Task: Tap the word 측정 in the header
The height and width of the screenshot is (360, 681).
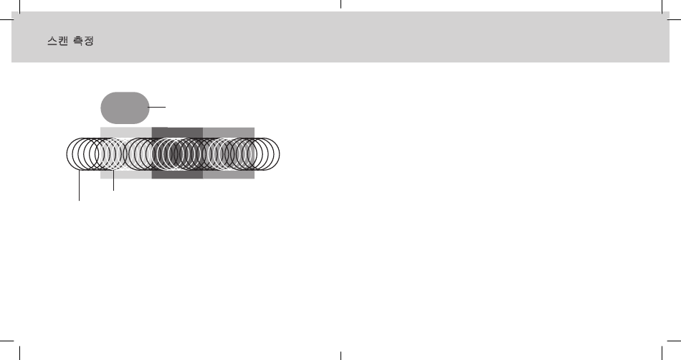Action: [x=83, y=41]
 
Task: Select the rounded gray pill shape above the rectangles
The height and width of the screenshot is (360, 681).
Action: [x=125, y=108]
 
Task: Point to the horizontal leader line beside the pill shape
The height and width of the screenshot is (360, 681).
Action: [x=157, y=107]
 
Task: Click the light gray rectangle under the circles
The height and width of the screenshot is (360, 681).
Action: [x=126, y=174]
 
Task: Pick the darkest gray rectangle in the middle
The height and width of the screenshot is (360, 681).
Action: [x=177, y=174]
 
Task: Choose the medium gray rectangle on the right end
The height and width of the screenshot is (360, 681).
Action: [x=229, y=174]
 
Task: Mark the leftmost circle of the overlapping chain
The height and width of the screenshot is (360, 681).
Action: [x=67, y=154]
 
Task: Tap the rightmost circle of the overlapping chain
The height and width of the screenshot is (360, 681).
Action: [x=280, y=154]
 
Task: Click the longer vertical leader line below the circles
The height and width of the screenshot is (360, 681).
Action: [x=79, y=186]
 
